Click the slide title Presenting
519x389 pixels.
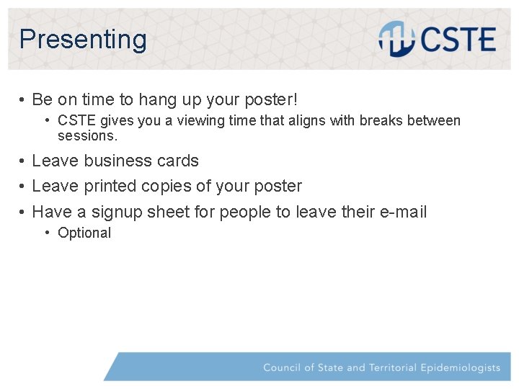[83, 39]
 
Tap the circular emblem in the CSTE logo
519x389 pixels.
[396, 39]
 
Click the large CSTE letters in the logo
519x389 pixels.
[458, 40]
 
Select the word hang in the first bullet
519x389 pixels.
[159, 99]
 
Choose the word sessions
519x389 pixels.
[86, 135]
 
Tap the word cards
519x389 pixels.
[177, 161]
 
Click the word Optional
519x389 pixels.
[84, 233]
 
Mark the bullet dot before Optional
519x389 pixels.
[47, 233]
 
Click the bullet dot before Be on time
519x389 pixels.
[23, 99]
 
